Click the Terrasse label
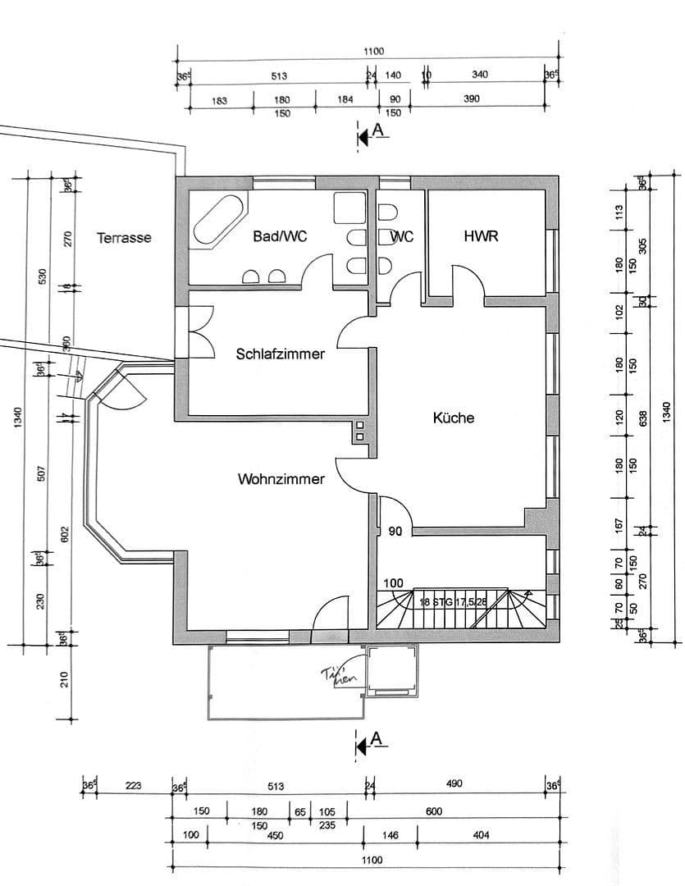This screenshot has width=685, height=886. click(x=124, y=238)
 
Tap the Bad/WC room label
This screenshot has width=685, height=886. click(x=280, y=236)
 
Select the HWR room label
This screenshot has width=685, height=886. click(x=482, y=236)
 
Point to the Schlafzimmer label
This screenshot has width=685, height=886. click(x=280, y=354)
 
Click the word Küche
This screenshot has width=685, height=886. click(x=454, y=418)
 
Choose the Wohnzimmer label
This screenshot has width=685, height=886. click(x=281, y=479)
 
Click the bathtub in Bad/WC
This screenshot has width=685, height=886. click(x=218, y=220)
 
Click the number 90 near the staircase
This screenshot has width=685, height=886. click(x=395, y=532)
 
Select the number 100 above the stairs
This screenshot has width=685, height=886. click(x=394, y=582)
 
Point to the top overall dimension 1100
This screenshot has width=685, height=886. click(x=373, y=52)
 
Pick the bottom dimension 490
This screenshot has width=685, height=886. click(x=454, y=783)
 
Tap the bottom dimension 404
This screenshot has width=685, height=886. click(x=481, y=835)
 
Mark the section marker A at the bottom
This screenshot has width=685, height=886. click(x=377, y=739)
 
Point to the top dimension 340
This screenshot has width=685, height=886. click(x=480, y=75)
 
